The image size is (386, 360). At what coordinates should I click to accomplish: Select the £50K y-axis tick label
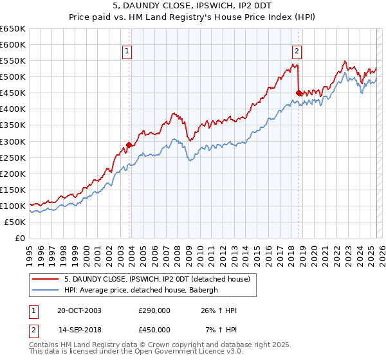point(15,222)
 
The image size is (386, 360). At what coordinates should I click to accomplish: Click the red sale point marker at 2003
point(129,145)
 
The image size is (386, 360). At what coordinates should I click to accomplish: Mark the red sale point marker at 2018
point(299,93)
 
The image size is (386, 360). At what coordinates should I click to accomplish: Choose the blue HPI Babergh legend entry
point(141,290)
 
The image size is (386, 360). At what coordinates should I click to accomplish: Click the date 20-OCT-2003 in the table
point(78,311)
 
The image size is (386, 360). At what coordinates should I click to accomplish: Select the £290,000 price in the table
point(154,311)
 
